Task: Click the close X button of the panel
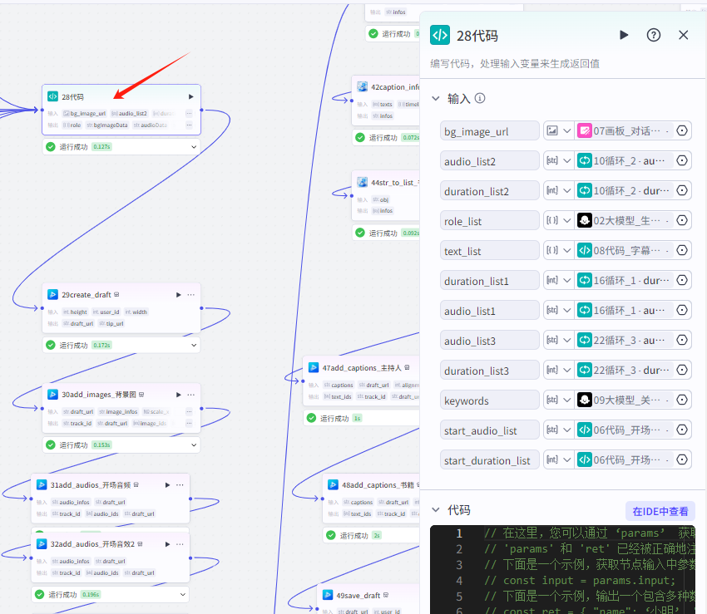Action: pyautogui.click(x=684, y=35)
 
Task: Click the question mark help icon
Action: pyautogui.click(x=654, y=35)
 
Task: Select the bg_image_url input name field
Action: pyautogui.click(x=490, y=131)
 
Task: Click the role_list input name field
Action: pyautogui.click(x=490, y=221)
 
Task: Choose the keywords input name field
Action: pyautogui.click(x=490, y=400)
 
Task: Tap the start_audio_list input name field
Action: pyautogui.click(x=490, y=430)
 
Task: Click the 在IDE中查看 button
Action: pyautogui.click(x=660, y=511)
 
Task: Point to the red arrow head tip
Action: pyautogui.click(x=115, y=97)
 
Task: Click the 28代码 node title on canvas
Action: pyautogui.click(x=72, y=97)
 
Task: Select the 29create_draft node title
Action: pyautogui.click(x=87, y=295)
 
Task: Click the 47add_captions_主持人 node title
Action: pyautogui.click(x=360, y=367)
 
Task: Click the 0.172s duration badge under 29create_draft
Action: pyautogui.click(x=102, y=345)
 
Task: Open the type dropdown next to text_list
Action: pyautogui.click(x=558, y=251)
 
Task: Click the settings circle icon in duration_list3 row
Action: pyautogui.click(x=682, y=371)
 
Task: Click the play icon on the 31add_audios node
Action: pyautogui.click(x=167, y=485)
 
